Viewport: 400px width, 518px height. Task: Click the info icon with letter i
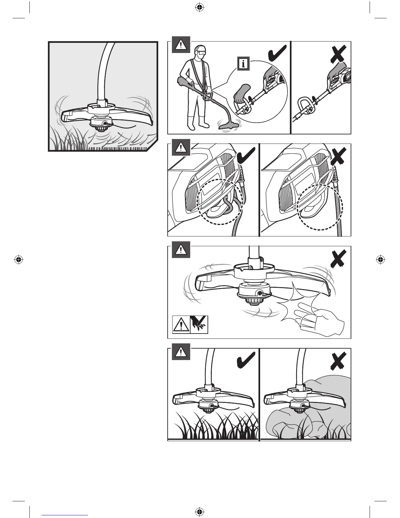[x=243, y=63]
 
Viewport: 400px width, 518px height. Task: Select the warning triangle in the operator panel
[x=181, y=44]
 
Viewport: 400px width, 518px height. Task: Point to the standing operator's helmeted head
[x=200, y=52]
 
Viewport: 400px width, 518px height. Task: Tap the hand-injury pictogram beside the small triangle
[x=199, y=324]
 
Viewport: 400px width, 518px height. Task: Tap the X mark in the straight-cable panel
[x=338, y=157]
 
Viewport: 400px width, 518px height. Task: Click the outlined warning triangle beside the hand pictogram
[x=181, y=324]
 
